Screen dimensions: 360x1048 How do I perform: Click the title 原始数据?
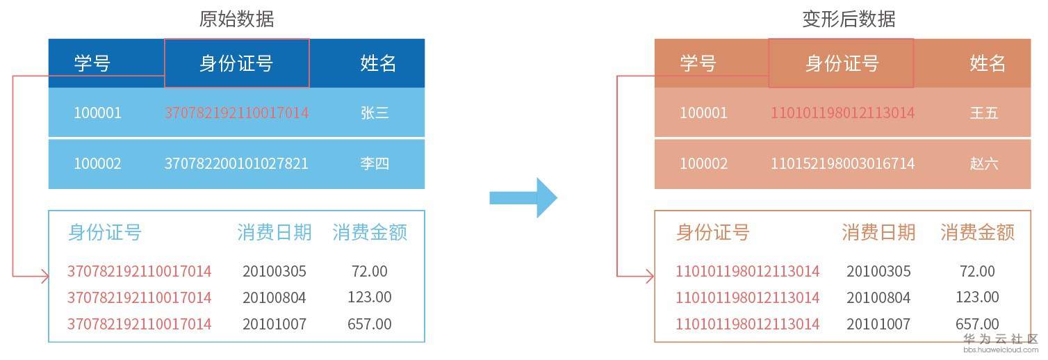(x=236, y=19)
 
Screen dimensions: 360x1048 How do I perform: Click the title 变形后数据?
(x=849, y=19)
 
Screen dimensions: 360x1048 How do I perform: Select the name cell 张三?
(x=375, y=113)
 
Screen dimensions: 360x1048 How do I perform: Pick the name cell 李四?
(x=375, y=164)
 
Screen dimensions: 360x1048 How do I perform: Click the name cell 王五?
(x=983, y=113)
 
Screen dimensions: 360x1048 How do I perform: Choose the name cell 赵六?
(x=983, y=164)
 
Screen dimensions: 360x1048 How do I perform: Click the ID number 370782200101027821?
(x=236, y=164)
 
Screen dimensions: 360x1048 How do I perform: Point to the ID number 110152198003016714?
(x=842, y=164)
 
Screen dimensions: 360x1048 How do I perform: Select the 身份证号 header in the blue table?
(x=236, y=64)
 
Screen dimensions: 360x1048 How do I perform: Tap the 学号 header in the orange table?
(x=698, y=64)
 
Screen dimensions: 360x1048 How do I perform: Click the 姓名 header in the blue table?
(x=378, y=64)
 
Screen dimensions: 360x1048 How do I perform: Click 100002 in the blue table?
(x=97, y=164)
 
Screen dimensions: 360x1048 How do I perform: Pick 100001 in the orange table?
(x=703, y=113)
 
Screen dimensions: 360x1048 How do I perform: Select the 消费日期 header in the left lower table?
(x=274, y=232)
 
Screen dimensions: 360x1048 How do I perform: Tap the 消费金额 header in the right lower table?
(x=977, y=232)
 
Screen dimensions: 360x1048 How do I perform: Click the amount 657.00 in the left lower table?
(x=370, y=324)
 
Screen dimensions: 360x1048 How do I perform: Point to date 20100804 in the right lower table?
(x=878, y=297)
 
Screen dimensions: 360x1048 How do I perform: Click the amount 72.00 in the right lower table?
(x=977, y=271)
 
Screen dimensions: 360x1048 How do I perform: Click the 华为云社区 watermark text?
(x=1001, y=339)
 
